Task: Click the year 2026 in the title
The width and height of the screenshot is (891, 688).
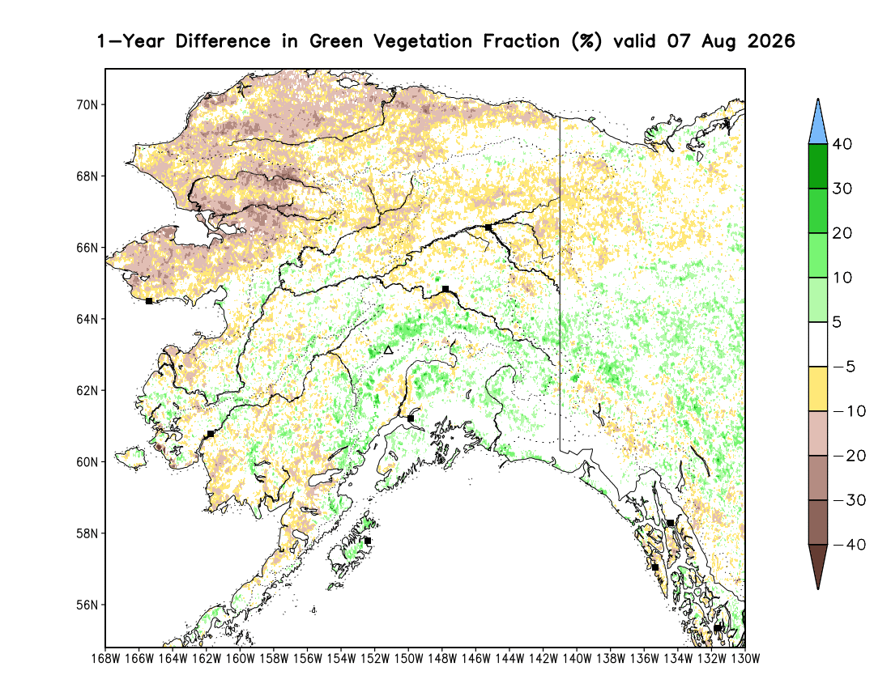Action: point(771,41)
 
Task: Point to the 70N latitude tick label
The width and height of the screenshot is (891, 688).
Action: point(87,105)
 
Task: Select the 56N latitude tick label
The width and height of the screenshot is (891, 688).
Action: point(87,605)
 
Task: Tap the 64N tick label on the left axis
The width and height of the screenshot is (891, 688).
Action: point(87,319)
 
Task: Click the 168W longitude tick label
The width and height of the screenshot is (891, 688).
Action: point(105,659)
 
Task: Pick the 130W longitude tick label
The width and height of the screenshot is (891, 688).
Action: point(745,659)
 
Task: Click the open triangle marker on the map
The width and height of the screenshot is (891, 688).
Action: point(388,350)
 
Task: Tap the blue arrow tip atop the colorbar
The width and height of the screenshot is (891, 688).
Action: point(818,121)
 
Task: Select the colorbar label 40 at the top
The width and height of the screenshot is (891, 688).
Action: point(842,144)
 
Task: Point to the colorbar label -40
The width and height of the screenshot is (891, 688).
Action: point(850,545)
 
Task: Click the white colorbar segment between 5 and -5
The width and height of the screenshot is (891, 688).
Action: point(818,345)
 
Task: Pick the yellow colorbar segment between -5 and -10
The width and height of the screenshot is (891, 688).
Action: point(818,389)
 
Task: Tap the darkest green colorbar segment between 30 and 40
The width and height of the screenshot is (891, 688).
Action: point(818,166)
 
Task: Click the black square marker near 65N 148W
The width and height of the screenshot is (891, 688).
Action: point(446,289)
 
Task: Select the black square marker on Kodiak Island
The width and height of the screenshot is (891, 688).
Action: point(368,541)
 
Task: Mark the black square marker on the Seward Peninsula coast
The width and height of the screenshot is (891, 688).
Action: point(149,301)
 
